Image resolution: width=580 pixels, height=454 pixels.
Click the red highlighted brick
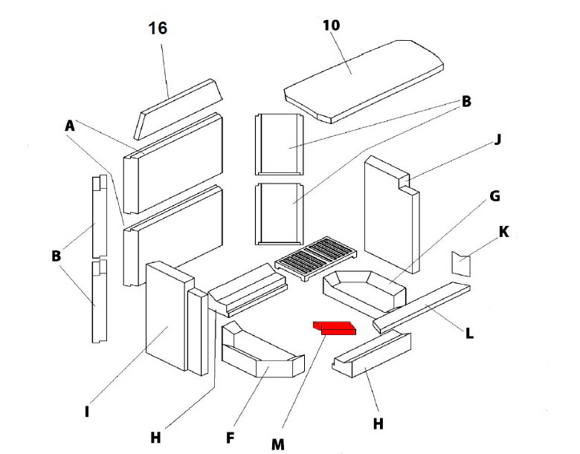335,328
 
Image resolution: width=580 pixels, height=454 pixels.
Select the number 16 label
158,28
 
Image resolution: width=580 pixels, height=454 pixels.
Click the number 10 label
331,25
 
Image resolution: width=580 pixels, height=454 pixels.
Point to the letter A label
69,126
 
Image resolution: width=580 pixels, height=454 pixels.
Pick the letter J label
497,139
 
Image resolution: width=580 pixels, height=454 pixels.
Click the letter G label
494,197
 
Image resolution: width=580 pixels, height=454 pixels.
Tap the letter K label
503,232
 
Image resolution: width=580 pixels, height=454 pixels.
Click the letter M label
277,444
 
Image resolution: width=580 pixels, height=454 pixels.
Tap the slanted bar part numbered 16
178,108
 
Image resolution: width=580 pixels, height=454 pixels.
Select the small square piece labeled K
463,265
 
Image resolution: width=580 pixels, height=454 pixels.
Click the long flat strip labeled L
422,306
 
